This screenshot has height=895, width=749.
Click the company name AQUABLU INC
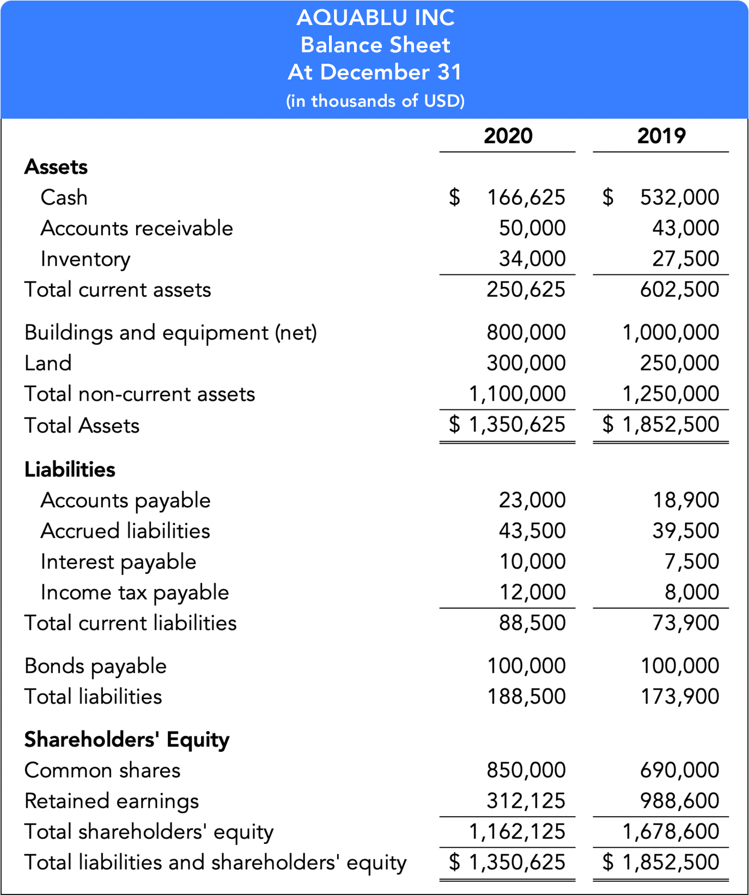(x=375, y=17)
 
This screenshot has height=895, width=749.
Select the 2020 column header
(x=508, y=136)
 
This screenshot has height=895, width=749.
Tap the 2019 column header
(x=661, y=136)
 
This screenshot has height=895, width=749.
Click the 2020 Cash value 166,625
(x=526, y=197)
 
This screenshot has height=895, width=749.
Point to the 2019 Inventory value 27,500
(x=685, y=259)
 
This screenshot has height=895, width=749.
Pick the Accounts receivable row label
(x=137, y=228)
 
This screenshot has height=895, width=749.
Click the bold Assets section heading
(x=56, y=167)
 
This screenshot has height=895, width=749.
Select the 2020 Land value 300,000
(x=526, y=363)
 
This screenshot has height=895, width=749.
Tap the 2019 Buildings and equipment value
(x=671, y=332)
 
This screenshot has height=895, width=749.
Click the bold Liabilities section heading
(x=70, y=469)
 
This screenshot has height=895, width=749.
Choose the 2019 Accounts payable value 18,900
(x=685, y=500)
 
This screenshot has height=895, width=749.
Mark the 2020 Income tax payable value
(x=532, y=592)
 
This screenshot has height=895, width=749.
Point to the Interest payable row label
(x=118, y=562)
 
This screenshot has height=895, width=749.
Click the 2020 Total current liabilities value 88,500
(x=532, y=623)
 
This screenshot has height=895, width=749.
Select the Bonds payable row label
(x=95, y=666)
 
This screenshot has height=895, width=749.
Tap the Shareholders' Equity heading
(x=127, y=739)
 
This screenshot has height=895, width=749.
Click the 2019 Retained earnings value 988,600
(x=679, y=801)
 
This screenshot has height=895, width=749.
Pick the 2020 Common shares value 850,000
(x=526, y=770)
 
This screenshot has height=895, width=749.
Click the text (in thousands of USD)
(x=375, y=101)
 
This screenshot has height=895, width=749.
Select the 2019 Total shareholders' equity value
(x=671, y=831)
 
